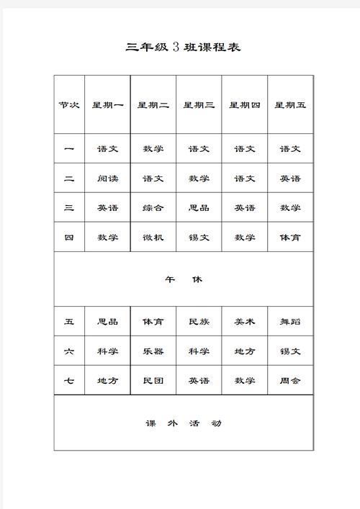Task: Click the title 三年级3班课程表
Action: coord(183,48)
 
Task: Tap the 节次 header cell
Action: coord(69,105)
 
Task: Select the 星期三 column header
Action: coord(199,105)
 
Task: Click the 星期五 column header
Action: coord(290,105)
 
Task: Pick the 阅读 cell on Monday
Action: coord(107,179)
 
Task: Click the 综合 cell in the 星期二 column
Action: coord(153,208)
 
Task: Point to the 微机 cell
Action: coord(153,238)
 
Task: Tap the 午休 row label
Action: coord(183,279)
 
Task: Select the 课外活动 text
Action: coord(183,423)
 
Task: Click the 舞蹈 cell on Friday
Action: coord(290,322)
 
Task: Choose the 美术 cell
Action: coord(245,322)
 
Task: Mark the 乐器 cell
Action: coord(153,351)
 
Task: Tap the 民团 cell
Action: coord(153,381)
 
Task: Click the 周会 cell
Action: coord(290,381)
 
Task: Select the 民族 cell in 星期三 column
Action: coord(199,322)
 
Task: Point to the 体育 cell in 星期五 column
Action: coord(290,238)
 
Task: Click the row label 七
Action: coord(69,381)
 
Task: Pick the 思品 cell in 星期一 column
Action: coord(107,322)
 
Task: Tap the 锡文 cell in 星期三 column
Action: coord(199,238)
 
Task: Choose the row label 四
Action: coord(69,238)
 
